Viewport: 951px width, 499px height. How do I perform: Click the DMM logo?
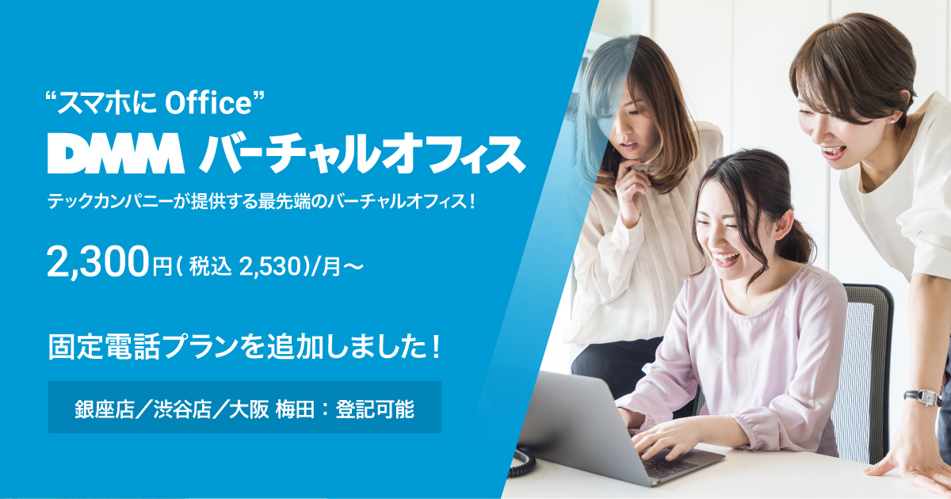(x=116, y=153)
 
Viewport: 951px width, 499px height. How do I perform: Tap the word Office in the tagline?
(x=208, y=104)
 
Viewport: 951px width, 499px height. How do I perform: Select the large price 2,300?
(x=98, y=264)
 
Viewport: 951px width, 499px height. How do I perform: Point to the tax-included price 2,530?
(x=270, y=267)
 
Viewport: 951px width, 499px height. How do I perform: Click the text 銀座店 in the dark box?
(x=105, y=410)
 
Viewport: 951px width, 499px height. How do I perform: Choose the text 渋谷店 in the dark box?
(x=182, y=410)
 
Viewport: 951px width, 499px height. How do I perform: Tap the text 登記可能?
(x=374, y=410)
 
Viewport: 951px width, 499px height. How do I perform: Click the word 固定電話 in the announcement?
(x=104, y=347)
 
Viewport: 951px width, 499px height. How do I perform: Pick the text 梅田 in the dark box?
(x=295, y=410)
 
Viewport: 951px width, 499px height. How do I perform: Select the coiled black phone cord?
(x=521, y=462)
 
